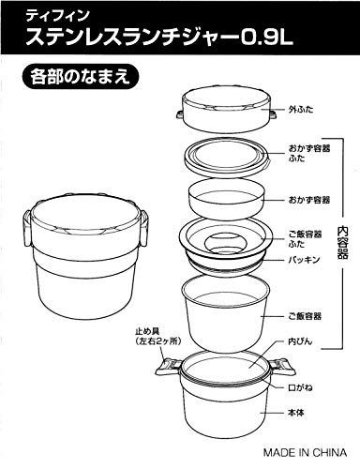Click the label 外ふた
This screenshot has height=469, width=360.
click(x=301, y=110)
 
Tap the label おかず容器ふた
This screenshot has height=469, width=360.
click(x=309, y=153)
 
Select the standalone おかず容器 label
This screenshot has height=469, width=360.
click(x=309, y=200)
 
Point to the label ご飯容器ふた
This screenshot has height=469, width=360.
click(x=305, y=239)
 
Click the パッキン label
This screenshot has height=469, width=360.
click(x=305, y=260)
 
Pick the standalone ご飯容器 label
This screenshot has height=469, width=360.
click(x=305, y=316)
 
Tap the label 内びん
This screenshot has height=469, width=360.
click(x=300, y=341)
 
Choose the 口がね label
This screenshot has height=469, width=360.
click(x=300, y=387)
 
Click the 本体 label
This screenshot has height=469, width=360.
click(x=295, y=413)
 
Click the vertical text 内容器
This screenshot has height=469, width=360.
click(x=342, y=242)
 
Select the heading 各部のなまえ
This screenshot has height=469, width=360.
click(x=80, y=77)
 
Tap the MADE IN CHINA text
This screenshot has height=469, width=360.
click(x=305, y=452)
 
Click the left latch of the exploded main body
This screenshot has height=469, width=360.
click(x=168, y=367)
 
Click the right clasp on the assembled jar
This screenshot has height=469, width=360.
click(x=143, y=228)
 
